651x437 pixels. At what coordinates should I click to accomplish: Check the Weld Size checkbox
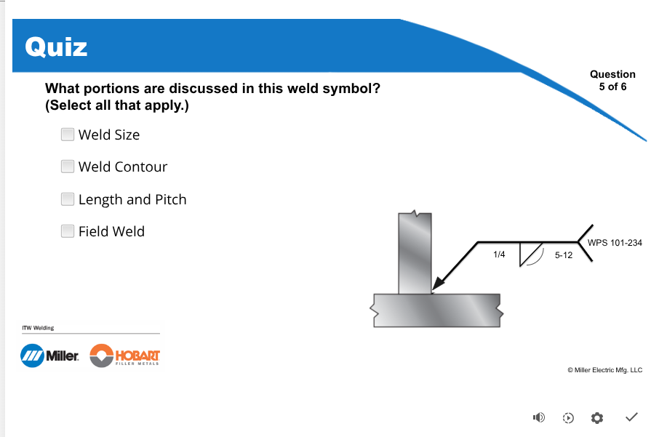pos(67,135)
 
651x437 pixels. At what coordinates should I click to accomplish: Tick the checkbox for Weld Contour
pos(67,167)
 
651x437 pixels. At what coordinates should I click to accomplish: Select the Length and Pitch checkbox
pos(67,199)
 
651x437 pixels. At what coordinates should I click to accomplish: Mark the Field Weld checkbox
pos(67,231)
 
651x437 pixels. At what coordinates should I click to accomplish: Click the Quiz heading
pos(56,47)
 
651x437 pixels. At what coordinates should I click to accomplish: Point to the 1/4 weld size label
pos(499,254)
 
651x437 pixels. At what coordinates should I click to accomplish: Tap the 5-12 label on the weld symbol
pos(564,255)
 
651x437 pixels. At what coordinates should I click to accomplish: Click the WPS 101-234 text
pos(615,243)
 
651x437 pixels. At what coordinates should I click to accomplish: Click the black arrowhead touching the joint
pos(439,283)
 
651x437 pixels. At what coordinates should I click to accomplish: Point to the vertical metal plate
pos(415,253)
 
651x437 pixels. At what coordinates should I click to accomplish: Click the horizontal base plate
pos(436,310)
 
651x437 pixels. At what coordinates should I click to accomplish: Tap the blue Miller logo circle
pos(32,356)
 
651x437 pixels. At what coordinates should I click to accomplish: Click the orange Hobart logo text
pos(137,356)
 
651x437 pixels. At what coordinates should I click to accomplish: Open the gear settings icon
pos(597,418)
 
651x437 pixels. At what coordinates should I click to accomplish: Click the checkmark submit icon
pos(631,417)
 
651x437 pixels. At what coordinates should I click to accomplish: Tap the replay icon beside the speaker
pos(568,418)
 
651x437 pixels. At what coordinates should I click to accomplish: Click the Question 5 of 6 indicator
pos(612,81)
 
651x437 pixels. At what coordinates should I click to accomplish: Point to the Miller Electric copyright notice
pos(605,370)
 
